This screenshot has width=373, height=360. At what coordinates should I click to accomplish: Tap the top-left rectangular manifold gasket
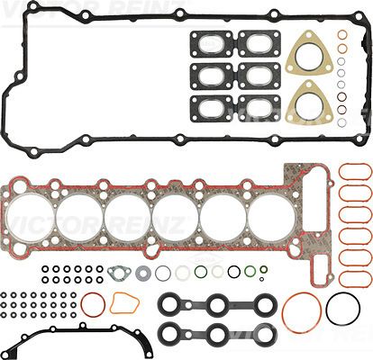click(x=210, y=41)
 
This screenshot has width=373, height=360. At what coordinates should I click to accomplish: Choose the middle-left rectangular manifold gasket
click(x=210, y=74)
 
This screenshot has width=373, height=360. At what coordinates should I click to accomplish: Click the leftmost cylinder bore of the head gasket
click(x=32, y=219)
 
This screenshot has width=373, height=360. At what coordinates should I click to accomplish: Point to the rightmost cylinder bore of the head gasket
click(x=269, y=219)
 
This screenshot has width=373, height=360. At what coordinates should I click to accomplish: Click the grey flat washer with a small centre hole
click(x=142, y=271)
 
